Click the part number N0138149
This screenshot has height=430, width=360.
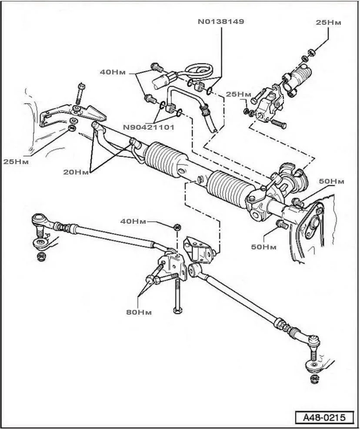click(220, 21)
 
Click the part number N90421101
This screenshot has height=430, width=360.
click(149, 128)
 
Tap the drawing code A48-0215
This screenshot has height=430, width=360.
click(324, 417)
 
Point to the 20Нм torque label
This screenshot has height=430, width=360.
click(76, 172)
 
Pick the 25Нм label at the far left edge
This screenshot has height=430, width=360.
click(16, 161)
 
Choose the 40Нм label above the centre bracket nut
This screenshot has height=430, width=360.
click(133, 221)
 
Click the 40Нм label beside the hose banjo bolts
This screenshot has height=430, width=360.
click(113, 72)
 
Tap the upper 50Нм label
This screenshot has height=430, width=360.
click(331, 181)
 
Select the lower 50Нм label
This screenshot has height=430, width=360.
click(264, 247)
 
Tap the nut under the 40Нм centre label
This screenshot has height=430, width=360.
click(177, 227)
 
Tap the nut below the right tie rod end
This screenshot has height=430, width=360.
click(313, 378)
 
